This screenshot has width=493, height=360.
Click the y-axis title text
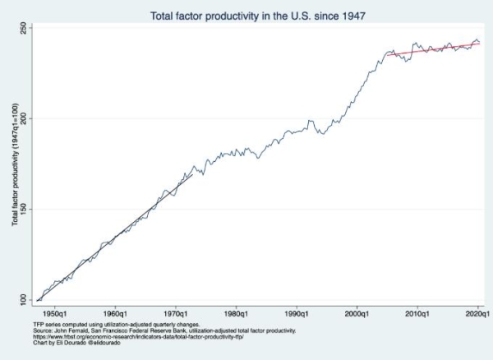click(16, 164)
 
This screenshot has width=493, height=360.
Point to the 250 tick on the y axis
click(25, 28)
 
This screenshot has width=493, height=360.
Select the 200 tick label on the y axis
click(25, 118)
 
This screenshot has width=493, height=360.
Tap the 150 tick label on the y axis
click(25, 209)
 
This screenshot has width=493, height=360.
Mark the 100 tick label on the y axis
click(25, 300)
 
